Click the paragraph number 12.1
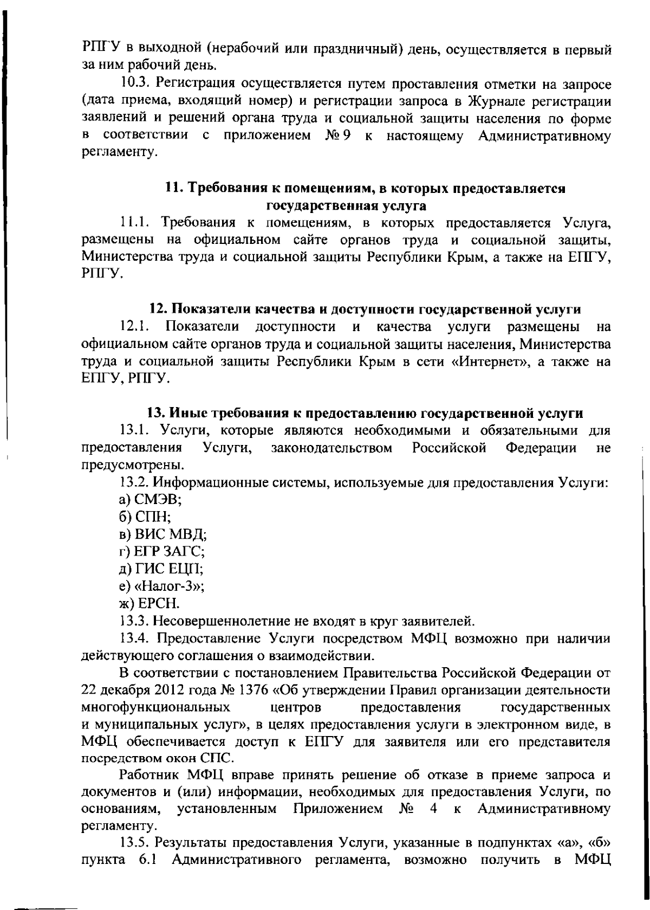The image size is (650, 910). coord(134,327)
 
